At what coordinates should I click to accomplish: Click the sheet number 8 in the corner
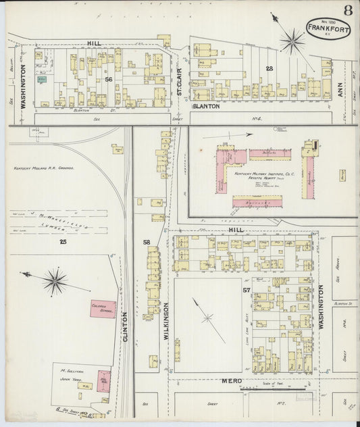(346, 11)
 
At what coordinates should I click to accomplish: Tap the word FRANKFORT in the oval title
(328, 28)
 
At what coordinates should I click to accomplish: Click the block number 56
(108, 79)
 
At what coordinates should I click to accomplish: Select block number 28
(269, 69)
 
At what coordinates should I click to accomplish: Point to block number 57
(247, 290)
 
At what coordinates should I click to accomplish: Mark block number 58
(146, 241)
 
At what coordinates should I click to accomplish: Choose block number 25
(63, 241)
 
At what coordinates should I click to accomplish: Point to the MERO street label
(232, 382)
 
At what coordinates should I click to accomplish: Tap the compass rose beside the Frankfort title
(292, 41)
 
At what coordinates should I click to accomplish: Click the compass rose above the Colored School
(54, 280)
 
